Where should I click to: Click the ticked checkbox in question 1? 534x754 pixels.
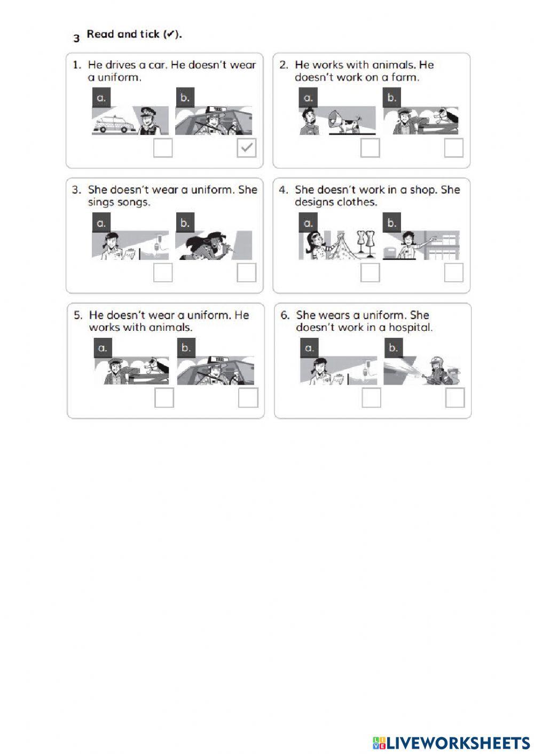click(246, 148)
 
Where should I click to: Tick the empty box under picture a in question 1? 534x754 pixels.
click(163, 148)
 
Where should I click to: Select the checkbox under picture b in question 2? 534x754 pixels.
click(453, 148)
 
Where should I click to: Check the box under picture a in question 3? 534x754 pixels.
click(163, 273)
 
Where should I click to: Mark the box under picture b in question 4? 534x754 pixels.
click(453, 273)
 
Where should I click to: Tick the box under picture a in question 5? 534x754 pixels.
click(164, 398)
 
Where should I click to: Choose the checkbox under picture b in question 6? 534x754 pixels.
click(455, 398)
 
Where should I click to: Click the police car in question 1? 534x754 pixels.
click(114, 124)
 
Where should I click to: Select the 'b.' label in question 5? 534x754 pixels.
click(186, 348)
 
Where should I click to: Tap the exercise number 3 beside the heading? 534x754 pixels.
click(76, 38)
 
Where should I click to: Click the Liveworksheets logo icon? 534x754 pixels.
click(380, 743)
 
